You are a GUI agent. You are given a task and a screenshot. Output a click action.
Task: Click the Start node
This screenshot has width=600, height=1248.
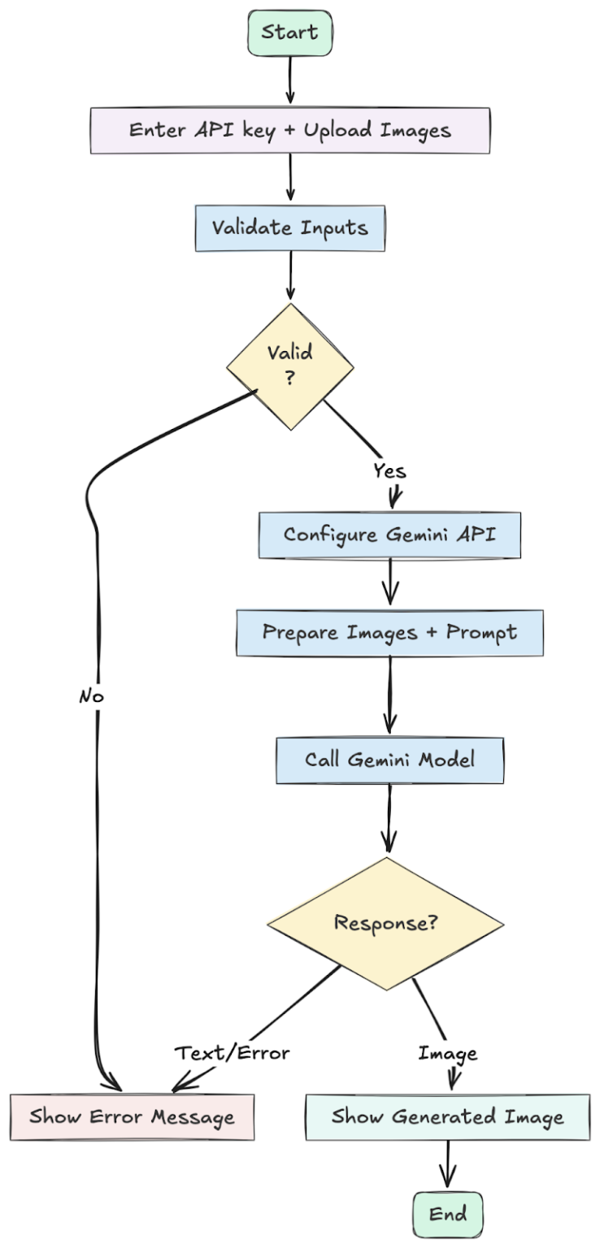tap(289, 33)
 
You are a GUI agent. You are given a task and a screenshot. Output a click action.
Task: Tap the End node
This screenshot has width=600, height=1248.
tap(447, 1214)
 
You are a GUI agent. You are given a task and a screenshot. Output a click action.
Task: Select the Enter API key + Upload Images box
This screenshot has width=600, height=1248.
tap(289, 130)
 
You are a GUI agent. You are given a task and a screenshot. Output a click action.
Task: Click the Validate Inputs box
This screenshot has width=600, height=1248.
tap(289, 227)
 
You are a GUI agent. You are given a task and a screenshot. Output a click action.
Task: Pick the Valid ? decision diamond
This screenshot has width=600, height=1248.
tap(289, 366)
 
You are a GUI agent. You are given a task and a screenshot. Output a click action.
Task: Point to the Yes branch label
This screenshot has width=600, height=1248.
tap(389, 471)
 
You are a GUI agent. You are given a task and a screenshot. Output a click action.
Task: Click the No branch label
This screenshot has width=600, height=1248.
tap(92, 696)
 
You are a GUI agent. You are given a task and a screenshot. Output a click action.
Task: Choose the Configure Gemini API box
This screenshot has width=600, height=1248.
tap(389, 535)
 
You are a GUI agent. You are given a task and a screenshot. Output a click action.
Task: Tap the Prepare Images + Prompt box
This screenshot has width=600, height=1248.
tap(389, 632)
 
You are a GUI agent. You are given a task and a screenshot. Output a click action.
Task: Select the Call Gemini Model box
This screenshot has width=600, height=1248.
tap(389, 760)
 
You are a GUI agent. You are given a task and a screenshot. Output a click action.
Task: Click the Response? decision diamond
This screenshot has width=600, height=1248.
tap(385, 923)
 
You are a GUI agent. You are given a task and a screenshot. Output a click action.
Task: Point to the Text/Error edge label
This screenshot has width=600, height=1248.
tap(233, 1053)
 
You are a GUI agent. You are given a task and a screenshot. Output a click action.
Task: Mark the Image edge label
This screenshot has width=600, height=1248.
tap(447, 1054)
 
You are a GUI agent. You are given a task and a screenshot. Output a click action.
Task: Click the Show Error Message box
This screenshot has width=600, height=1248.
tap(132, 1116)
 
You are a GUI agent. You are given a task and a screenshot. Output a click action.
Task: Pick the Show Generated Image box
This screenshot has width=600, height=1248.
tap(447, 1116)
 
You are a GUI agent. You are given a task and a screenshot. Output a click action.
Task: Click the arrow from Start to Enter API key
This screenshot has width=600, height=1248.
tap(289, 81)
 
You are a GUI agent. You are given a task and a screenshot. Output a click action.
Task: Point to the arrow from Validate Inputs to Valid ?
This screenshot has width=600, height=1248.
tap(289, 276)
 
